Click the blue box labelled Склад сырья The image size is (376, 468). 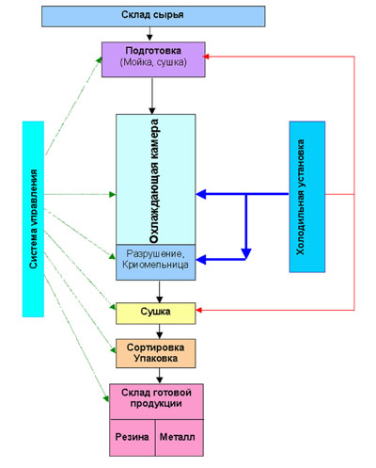coord(153,16)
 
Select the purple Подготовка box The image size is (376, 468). coord(153,59)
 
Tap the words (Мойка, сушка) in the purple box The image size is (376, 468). coord(153,62)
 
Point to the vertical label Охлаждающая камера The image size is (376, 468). coord(154,181)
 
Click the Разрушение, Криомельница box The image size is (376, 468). coord(156,262)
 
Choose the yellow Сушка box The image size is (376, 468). coord(156,314)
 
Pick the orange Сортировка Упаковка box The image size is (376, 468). coord(156,353)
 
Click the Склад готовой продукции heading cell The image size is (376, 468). coord(156,401)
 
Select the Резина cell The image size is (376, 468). coord(133,438)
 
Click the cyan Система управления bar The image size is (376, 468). coord(33,219)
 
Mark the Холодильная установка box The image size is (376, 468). coord(307,197)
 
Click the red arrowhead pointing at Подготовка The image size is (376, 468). coord(206,56)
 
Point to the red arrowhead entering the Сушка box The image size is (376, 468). coord(198,310)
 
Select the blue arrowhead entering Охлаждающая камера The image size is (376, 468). coord(201,194)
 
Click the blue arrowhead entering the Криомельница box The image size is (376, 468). coord(201,260)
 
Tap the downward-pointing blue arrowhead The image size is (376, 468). coord(246,253)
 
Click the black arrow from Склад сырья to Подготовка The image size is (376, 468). coord(149,34)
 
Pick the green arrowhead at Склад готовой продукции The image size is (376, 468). coord(106,398)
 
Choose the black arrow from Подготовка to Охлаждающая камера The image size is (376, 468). coord(152,96)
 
